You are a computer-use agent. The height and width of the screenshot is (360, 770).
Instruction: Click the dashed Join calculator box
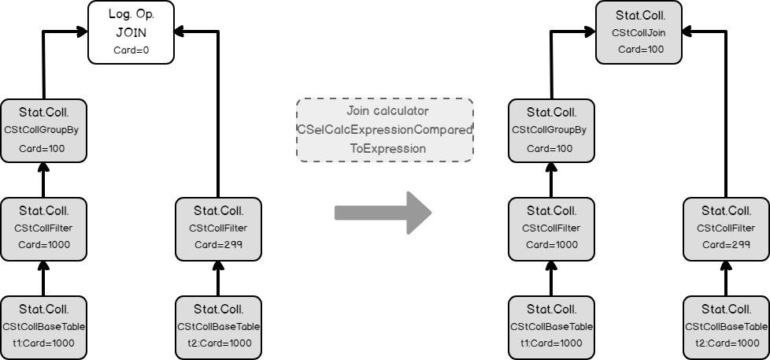(x=384, y=130)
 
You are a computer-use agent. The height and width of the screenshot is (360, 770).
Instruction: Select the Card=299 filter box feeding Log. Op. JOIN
(x=218, y=228)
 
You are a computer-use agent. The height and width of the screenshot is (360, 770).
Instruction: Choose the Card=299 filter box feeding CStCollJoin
(x=726, y=228)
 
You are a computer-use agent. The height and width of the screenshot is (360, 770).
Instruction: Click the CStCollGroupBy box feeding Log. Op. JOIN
(x=43, y=130)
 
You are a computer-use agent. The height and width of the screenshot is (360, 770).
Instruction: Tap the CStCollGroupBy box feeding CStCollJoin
(x=550, y=130)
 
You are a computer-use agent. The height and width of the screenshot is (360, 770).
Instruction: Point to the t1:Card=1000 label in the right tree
(x=550, y=343)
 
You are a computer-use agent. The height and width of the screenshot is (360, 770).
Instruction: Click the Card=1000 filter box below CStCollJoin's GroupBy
(x=550, y=228)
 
